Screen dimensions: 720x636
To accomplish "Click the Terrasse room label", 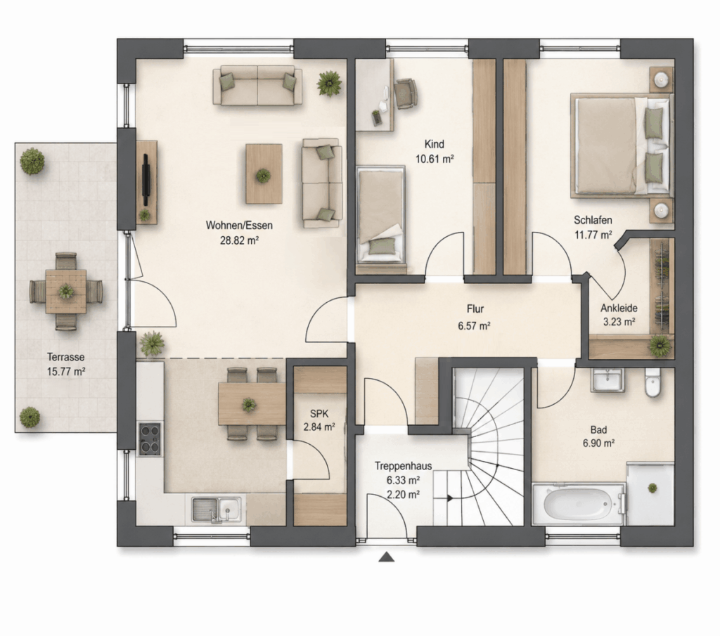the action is [65, 357].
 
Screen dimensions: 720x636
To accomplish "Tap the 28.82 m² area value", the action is [239, 240].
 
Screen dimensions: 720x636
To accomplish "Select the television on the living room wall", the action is [146, 179].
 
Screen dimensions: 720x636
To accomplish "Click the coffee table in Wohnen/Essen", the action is [264, 174].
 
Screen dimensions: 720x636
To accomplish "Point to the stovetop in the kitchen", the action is [150, 439].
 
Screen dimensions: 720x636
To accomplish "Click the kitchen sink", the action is [217, 510].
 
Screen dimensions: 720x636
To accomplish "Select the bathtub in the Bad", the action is [579, 503].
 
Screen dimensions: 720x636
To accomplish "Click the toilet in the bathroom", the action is [652, 382].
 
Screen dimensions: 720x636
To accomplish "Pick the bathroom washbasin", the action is [607, 380].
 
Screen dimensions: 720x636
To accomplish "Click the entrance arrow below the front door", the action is [387, 557].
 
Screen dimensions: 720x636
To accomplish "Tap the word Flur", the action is [475, 309].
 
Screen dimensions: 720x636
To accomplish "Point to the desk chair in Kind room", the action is [406, 94].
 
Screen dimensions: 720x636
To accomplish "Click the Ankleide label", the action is [619, 308].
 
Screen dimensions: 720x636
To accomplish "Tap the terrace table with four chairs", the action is [66, 292].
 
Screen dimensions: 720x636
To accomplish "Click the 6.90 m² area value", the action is [599, 443].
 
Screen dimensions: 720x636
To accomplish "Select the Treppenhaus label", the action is [403, 466].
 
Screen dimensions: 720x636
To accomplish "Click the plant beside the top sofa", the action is [329, 83].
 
